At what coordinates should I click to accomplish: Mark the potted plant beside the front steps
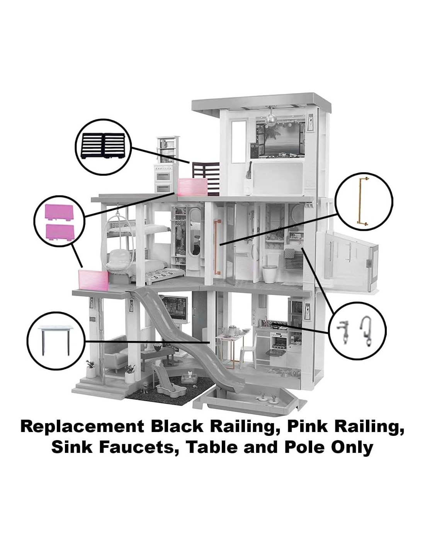pyautogui.click(x=91, y=369)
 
